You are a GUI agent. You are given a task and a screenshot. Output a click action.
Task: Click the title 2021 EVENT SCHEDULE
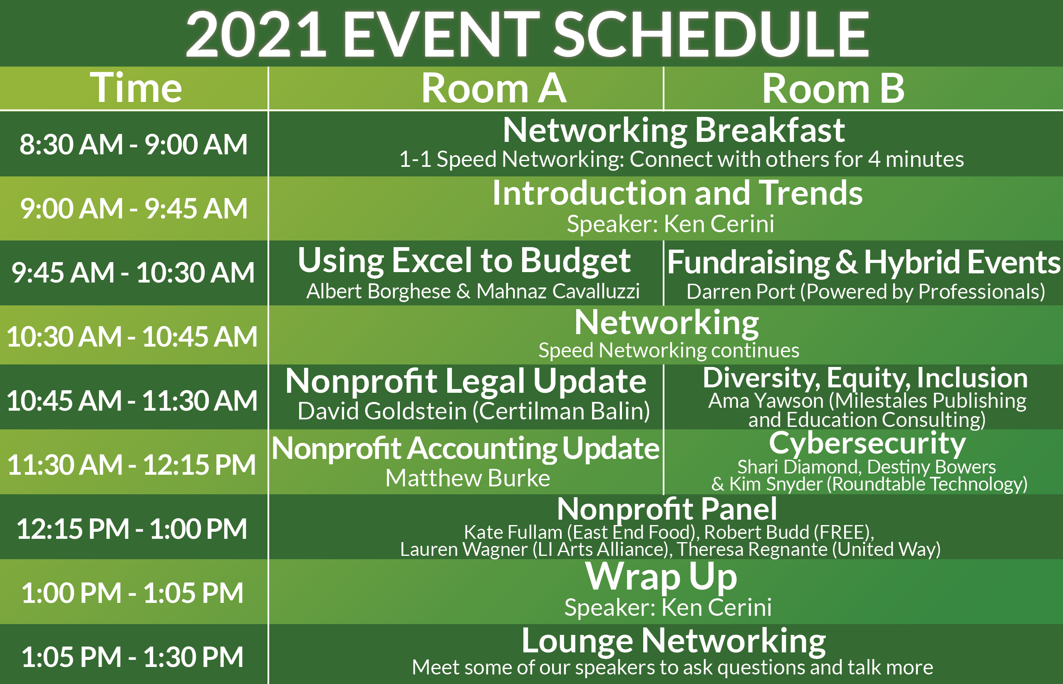(x=527, y=35)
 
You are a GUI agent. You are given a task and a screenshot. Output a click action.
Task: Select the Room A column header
(x=493, y=88)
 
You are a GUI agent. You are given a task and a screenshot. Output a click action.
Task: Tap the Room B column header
(x=833, y=88)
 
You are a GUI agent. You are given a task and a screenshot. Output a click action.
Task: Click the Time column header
(x=136, y=87)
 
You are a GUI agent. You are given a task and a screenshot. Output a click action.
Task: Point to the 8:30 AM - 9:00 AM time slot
(x=133, y=144)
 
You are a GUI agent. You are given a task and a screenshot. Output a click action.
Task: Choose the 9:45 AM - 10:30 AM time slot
(x=133, y=272)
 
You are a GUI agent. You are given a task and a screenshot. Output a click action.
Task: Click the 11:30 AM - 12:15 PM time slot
(x=132, y=465)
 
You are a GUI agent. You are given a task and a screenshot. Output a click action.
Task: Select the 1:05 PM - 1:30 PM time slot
(x=132, y=657)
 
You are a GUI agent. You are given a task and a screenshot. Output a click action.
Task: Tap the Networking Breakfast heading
(x=674, y=131)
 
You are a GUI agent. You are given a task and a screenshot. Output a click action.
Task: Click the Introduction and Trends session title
(x=677, y=193)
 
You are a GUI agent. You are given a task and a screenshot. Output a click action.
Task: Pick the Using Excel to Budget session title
(x=464, y=261)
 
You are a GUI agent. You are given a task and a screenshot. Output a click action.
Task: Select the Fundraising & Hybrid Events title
(x=864, y=262)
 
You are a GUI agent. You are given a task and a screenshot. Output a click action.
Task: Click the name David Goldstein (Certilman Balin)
(x=474, y=411)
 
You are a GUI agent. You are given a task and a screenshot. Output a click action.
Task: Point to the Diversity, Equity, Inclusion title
(x=865, y=377)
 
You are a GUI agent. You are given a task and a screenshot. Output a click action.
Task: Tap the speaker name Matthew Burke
(x=468, y=478)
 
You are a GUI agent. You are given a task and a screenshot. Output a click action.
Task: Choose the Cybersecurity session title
(x=867, y=443)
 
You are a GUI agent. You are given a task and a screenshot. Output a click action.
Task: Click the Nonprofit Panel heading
(x=667, y=509)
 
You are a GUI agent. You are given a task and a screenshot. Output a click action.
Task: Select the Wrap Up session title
(x=661, y=577)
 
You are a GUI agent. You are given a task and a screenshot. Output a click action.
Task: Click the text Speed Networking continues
(x=669, y=350)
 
